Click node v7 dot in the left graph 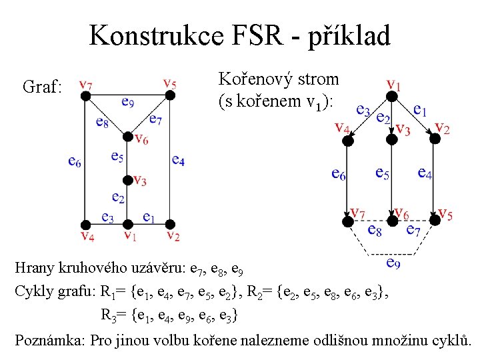click(85, 95)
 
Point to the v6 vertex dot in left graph click(127, 137)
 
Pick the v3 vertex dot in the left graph click(127, 180)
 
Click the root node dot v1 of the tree click(393, 97)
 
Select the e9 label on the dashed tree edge click(393, 263)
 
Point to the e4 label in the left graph click(178, 160)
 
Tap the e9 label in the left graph click(128, 102)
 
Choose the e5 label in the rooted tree click(382, 173)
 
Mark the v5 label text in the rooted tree click(445, 215)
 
